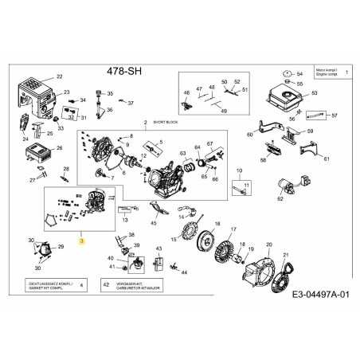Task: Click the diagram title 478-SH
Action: pos(125,68)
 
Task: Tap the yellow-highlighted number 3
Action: pos(80,240)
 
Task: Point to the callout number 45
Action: pos(153,223)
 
